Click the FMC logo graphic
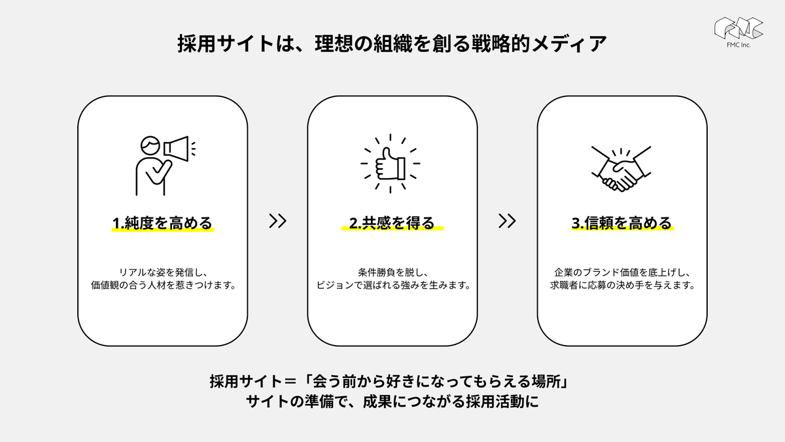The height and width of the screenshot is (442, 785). [739, 28]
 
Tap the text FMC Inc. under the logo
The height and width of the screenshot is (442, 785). [739, 45]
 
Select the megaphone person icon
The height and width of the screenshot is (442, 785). [166, 166]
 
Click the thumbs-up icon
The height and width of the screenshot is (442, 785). [391, 164]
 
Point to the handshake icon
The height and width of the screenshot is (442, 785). [621, 169]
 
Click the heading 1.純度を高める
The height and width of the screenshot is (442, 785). [163, 223]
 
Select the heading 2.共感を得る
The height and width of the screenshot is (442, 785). [392, 223]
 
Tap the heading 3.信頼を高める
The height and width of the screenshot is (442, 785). [622, 223]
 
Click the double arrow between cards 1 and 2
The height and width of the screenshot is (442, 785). [278, 221]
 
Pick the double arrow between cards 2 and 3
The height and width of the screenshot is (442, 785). [507, 221]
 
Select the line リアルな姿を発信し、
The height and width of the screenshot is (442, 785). [164, 272]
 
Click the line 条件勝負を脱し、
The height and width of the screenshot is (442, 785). [393, 272]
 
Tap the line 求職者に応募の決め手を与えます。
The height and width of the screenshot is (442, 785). [623, 285]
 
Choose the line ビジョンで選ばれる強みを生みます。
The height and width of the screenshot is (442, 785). [393, 285]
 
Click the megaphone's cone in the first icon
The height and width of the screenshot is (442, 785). [176, 149]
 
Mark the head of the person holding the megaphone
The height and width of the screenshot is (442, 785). [150, 145]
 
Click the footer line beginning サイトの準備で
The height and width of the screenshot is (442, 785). [392, 401]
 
